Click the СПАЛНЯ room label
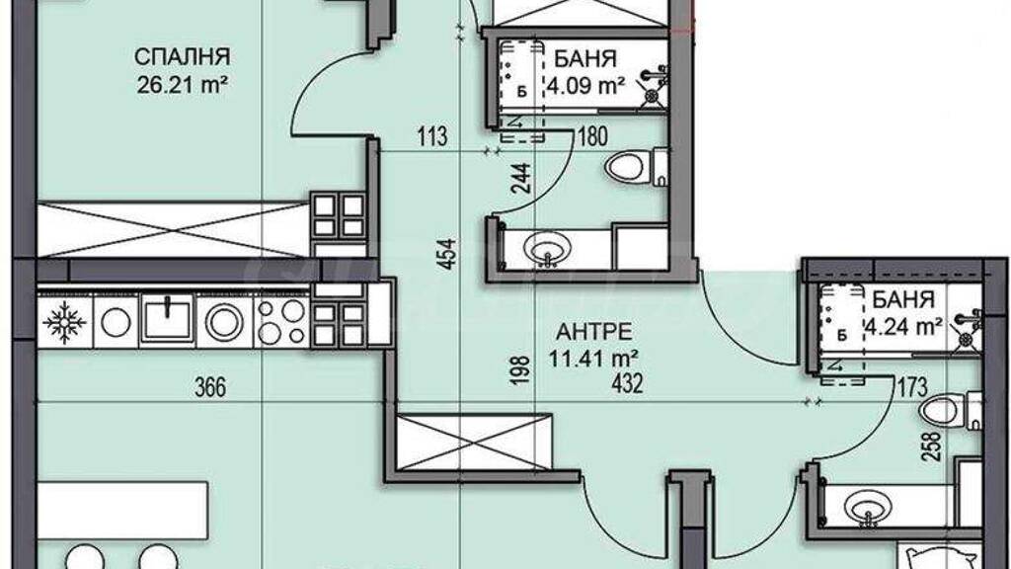[182, 56]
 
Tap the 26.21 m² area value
[183, 85]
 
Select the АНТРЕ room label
[593, 332]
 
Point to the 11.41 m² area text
[593, 358]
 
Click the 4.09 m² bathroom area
[585, 85]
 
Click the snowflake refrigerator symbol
[64, 321]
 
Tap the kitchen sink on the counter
[167, 318]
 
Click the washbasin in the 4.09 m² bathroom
[547, 248]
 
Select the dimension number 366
[211, 387]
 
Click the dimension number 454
[448, 254]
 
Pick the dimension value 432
[627, 384]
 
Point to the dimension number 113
[432, 136]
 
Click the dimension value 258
[933, 446]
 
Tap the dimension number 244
[521, 178]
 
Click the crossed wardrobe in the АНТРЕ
[474, 442]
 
